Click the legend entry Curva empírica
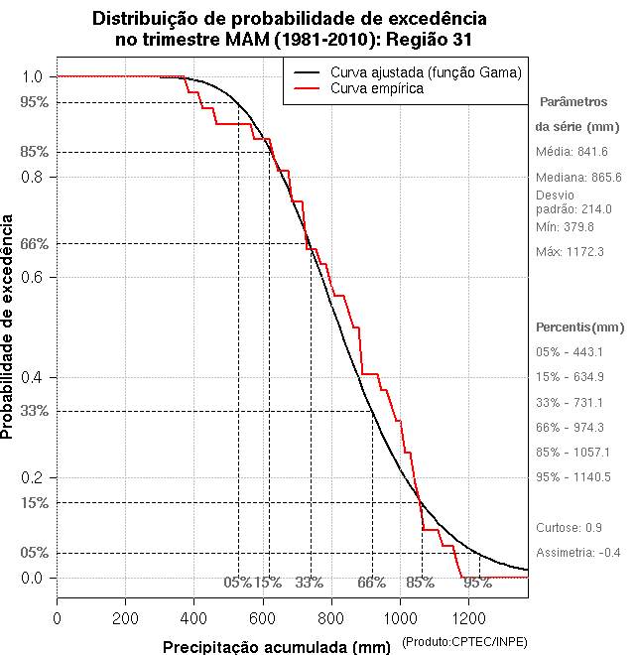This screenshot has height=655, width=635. [377, 89]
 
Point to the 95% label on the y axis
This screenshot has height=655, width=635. [35, 101]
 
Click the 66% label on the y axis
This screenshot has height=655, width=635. [35, 243]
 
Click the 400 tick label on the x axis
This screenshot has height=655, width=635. [194, 618]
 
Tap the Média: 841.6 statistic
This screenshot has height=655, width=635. [571, 151]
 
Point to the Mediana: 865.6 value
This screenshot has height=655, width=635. [578, 177]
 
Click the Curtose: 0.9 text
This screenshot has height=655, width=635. [569, 527]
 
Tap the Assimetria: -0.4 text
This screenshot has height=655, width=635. [577, 552]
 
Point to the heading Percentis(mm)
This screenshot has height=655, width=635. [580, 327]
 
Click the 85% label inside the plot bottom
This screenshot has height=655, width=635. [421, 583]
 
